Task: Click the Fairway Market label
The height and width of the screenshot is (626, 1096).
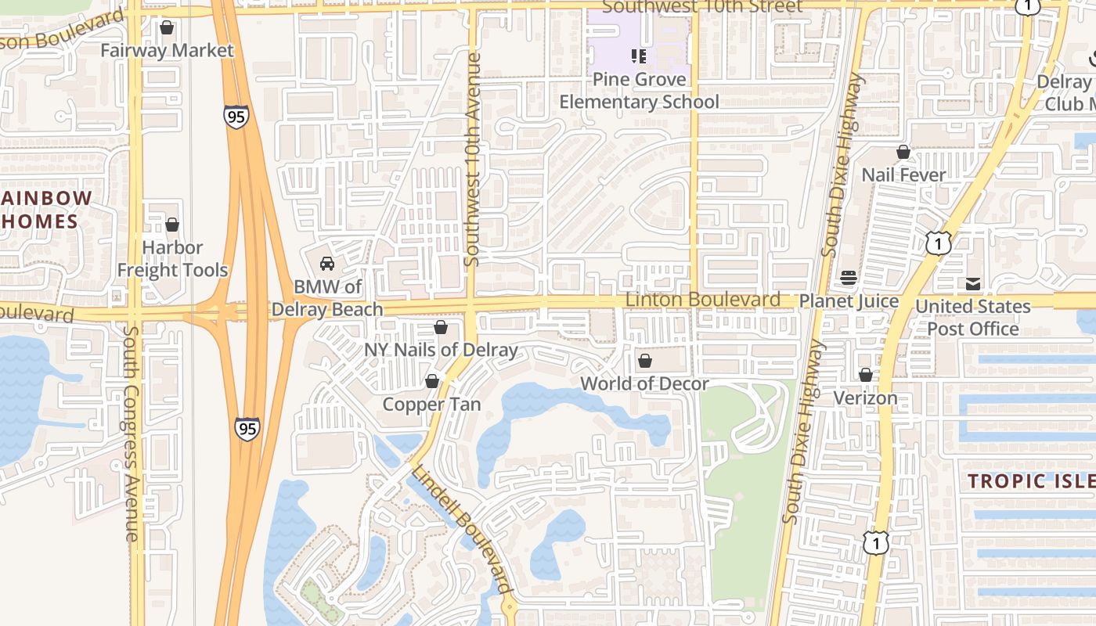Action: click(168, 51)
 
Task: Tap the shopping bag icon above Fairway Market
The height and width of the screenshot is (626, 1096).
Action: click(167, 28)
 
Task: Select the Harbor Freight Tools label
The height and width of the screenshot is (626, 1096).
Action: click(172, 259)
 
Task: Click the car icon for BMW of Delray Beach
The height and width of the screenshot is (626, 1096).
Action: click(327, 264)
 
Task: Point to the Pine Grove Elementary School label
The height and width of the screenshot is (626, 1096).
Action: click(639, 91)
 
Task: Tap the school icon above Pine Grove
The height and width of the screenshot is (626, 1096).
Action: click(639, 56)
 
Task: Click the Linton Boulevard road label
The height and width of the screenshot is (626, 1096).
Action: click(702, 300)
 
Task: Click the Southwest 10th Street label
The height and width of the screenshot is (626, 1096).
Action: click(702, 7)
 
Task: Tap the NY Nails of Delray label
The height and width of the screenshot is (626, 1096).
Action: click(441, 350)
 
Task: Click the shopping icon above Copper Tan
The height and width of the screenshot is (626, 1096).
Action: click(432, 381)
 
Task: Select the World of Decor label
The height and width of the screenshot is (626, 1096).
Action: click(644, 383)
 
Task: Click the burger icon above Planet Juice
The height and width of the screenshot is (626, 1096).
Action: click(849, 278)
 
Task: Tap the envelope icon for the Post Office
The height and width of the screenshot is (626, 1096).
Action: click(973, 284)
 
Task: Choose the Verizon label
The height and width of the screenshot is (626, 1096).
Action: click(865, 398)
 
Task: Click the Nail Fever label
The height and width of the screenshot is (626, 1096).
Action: click(903, 174)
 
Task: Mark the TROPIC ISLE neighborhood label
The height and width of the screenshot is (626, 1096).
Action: click(1031, 480)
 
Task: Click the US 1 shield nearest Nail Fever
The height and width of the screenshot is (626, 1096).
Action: click(938, 243)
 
